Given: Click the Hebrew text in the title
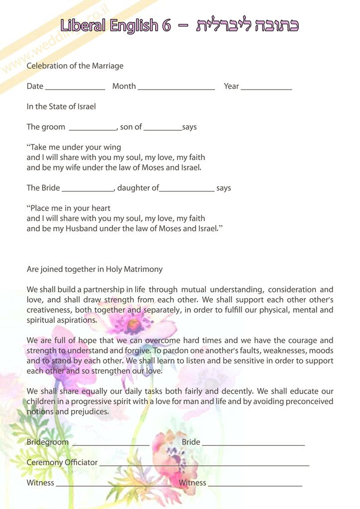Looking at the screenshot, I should coord(248,25).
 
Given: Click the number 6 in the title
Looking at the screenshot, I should coord(166,25).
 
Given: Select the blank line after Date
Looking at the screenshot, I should coord(75,88).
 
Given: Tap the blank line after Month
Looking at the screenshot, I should coord(176,88).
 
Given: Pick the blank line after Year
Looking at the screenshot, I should coord(266,88).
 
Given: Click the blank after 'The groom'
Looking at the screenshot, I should coord(92,129).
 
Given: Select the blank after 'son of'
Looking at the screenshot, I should coord(163,129).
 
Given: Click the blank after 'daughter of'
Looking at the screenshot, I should coord(187,190).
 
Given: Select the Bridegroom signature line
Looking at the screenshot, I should coord(111,444).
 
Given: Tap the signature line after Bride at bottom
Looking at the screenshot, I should coord(253,444).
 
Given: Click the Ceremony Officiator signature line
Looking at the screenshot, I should coord(204,465).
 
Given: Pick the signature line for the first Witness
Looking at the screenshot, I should coord(113,485).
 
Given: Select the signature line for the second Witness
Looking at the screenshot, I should coord(255,485).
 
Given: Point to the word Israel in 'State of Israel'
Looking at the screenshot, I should coord(85,106).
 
